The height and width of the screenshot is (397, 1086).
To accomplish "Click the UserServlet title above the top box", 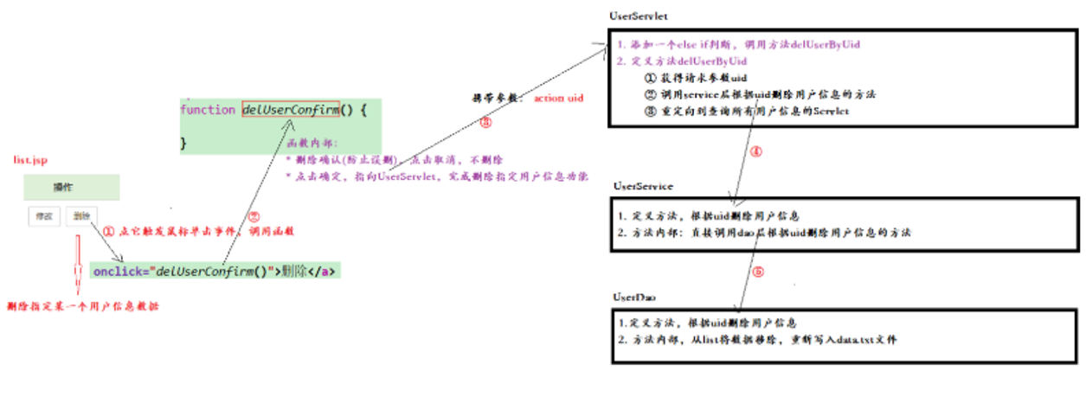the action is [639, 16].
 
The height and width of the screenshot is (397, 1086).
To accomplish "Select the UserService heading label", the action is [643, 186].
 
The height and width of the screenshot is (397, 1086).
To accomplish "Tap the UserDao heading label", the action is [635, 297].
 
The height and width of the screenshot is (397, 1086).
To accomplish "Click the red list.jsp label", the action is [30, 160].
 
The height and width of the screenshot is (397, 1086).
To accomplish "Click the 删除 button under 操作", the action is [80, 216].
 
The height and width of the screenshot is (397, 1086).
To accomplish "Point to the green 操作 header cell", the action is [71, 187].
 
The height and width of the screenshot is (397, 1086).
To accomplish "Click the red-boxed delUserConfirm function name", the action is [291, 111].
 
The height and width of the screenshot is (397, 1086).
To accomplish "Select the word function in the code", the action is [208, 111].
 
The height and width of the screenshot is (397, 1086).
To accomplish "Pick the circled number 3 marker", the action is [485, 123].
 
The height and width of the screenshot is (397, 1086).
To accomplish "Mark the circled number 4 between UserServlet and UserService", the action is [755, 152].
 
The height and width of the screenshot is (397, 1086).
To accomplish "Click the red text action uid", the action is [558, 99].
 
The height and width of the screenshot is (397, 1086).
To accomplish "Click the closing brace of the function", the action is [183, 144].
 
